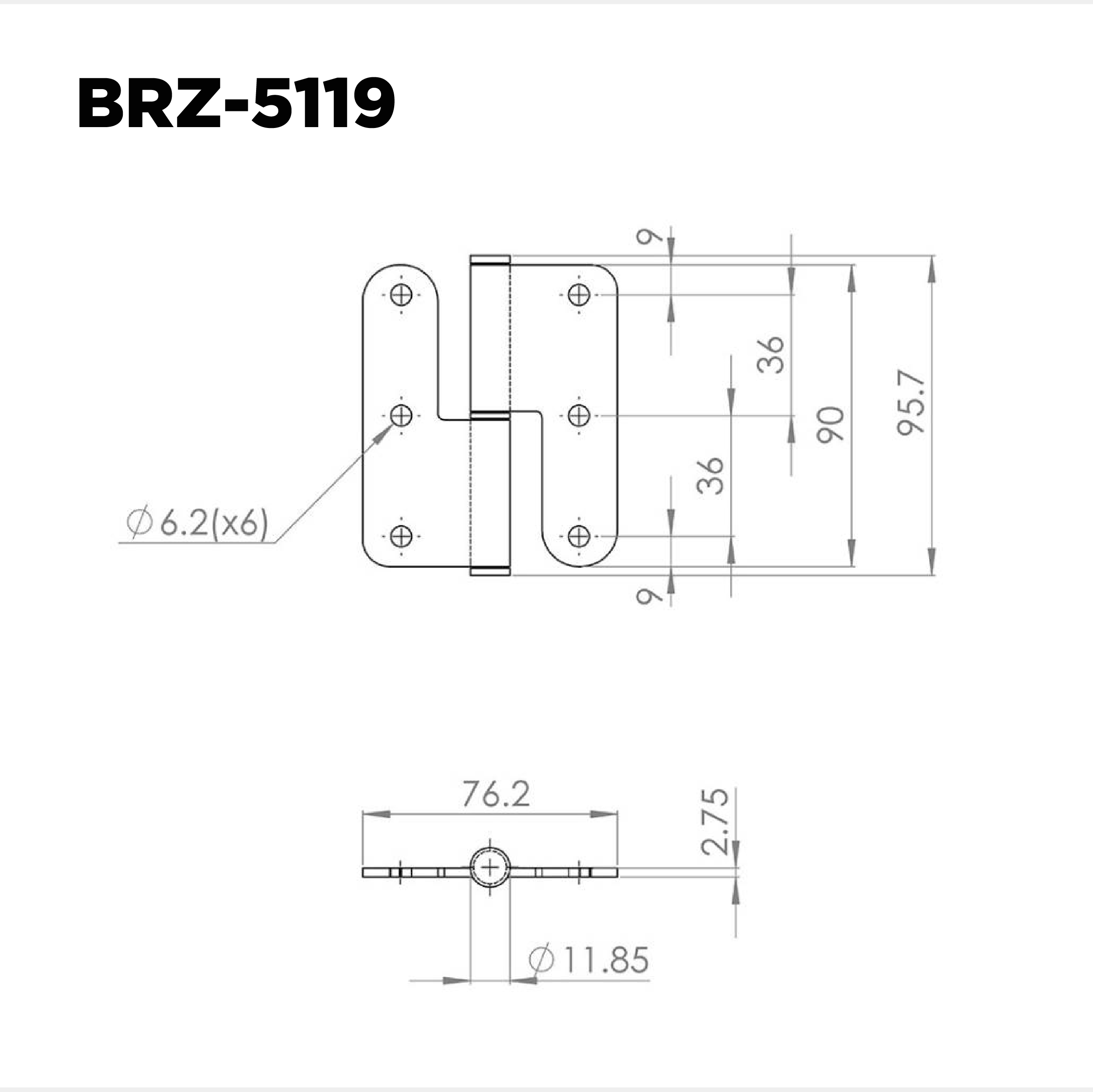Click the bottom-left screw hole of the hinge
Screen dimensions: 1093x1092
[x=402, y=536]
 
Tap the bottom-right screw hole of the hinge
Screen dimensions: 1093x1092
[x=579, y=536]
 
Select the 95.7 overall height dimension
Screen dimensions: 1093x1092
[x=911, y=403]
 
